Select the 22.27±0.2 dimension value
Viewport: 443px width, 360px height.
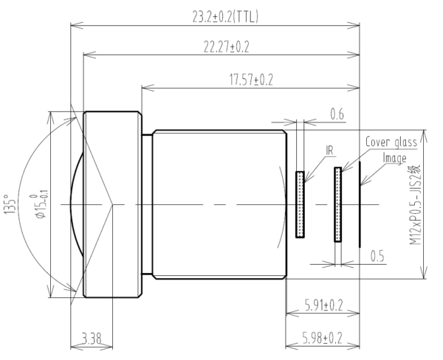coord(221,47)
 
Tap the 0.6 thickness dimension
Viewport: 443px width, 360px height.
coord(337,114)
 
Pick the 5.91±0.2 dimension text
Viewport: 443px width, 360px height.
coord(323,305)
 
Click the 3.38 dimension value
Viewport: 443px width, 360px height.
coord(91,339)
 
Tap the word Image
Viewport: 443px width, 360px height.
coord(395,157)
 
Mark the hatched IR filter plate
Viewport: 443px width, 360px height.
coord(300,204)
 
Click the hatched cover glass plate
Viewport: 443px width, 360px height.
coord(338,204)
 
